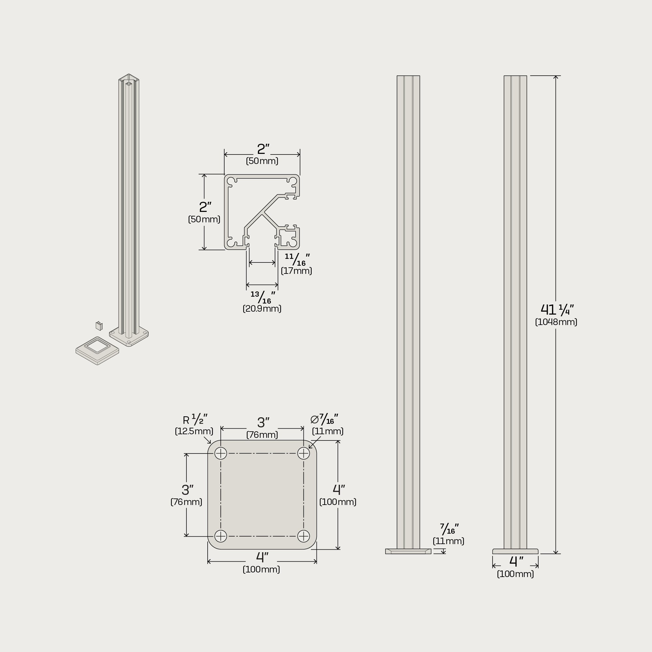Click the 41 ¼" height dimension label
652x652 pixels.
click(557, 309)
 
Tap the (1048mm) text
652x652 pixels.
click(556, 322)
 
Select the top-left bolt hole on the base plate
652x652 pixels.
click(221, 453)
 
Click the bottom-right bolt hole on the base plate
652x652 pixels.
click(304, 536)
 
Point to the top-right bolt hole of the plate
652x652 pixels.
click(304, 453)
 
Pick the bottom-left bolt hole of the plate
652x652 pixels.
click(221, 536)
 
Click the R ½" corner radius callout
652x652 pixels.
click(195, 420)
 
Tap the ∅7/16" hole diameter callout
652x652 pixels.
click(324, 420)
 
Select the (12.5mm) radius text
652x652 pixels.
click(194, 431)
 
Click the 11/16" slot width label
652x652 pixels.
click(297, 259)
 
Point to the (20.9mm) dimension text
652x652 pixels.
click(262, 308)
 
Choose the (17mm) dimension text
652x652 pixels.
click(296, 271)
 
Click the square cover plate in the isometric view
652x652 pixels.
click(97, 351)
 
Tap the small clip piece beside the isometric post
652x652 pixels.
click(99, 326)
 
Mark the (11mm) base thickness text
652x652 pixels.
click(449, 541)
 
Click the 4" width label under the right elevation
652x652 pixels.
click(516, 562)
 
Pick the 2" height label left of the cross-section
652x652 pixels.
click(205, 207)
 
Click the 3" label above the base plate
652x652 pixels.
click(263, 422)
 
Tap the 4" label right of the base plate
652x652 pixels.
click(339, 490)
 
